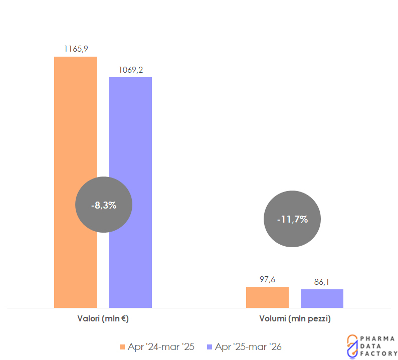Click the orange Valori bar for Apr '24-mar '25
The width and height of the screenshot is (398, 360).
click(75, 125)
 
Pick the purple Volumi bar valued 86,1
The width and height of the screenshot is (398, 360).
click(322, 298)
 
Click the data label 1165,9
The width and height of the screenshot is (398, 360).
click(76, 49)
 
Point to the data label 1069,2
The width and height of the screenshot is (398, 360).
click(131, 69)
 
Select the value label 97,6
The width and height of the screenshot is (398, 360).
click(267, 279)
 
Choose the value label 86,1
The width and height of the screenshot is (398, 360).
click(322, 282)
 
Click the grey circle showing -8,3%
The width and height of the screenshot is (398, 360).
click(104, 205)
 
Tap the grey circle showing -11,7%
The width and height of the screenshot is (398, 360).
click(292, 219)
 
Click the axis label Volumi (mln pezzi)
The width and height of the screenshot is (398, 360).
click(295, 318)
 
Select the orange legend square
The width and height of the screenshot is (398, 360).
click(122, 346)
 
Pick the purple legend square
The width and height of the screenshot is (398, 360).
click(210, 346)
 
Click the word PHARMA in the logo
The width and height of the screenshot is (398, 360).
click(377, 338)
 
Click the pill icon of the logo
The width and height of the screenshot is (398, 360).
click(352, 345)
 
